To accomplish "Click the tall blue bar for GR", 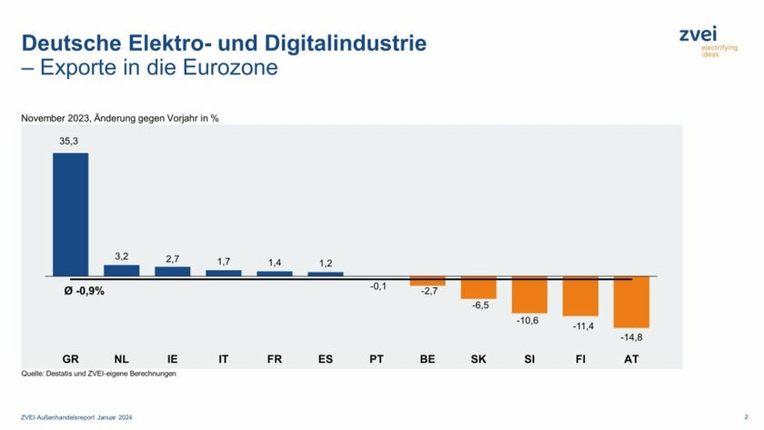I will click(x=70, y=214).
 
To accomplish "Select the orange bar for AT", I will click(x=631, y=302).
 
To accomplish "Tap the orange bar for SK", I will click(x=478, y=287).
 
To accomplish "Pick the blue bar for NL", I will click(x=122, y=270).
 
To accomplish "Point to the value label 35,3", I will click(x=70, y=142).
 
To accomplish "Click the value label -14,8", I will click(x=630, y=337).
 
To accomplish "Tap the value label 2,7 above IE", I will click(x=173, y=257).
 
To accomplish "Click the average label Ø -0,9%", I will click(x=85, y=291).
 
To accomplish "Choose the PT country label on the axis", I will click(x=377, y=359).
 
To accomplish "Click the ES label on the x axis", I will click(x=326, y=359).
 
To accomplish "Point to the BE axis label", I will click(x=427, y=359).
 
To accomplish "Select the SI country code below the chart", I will click(x=529, y=359).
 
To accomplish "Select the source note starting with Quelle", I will click(x=97, y=374).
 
